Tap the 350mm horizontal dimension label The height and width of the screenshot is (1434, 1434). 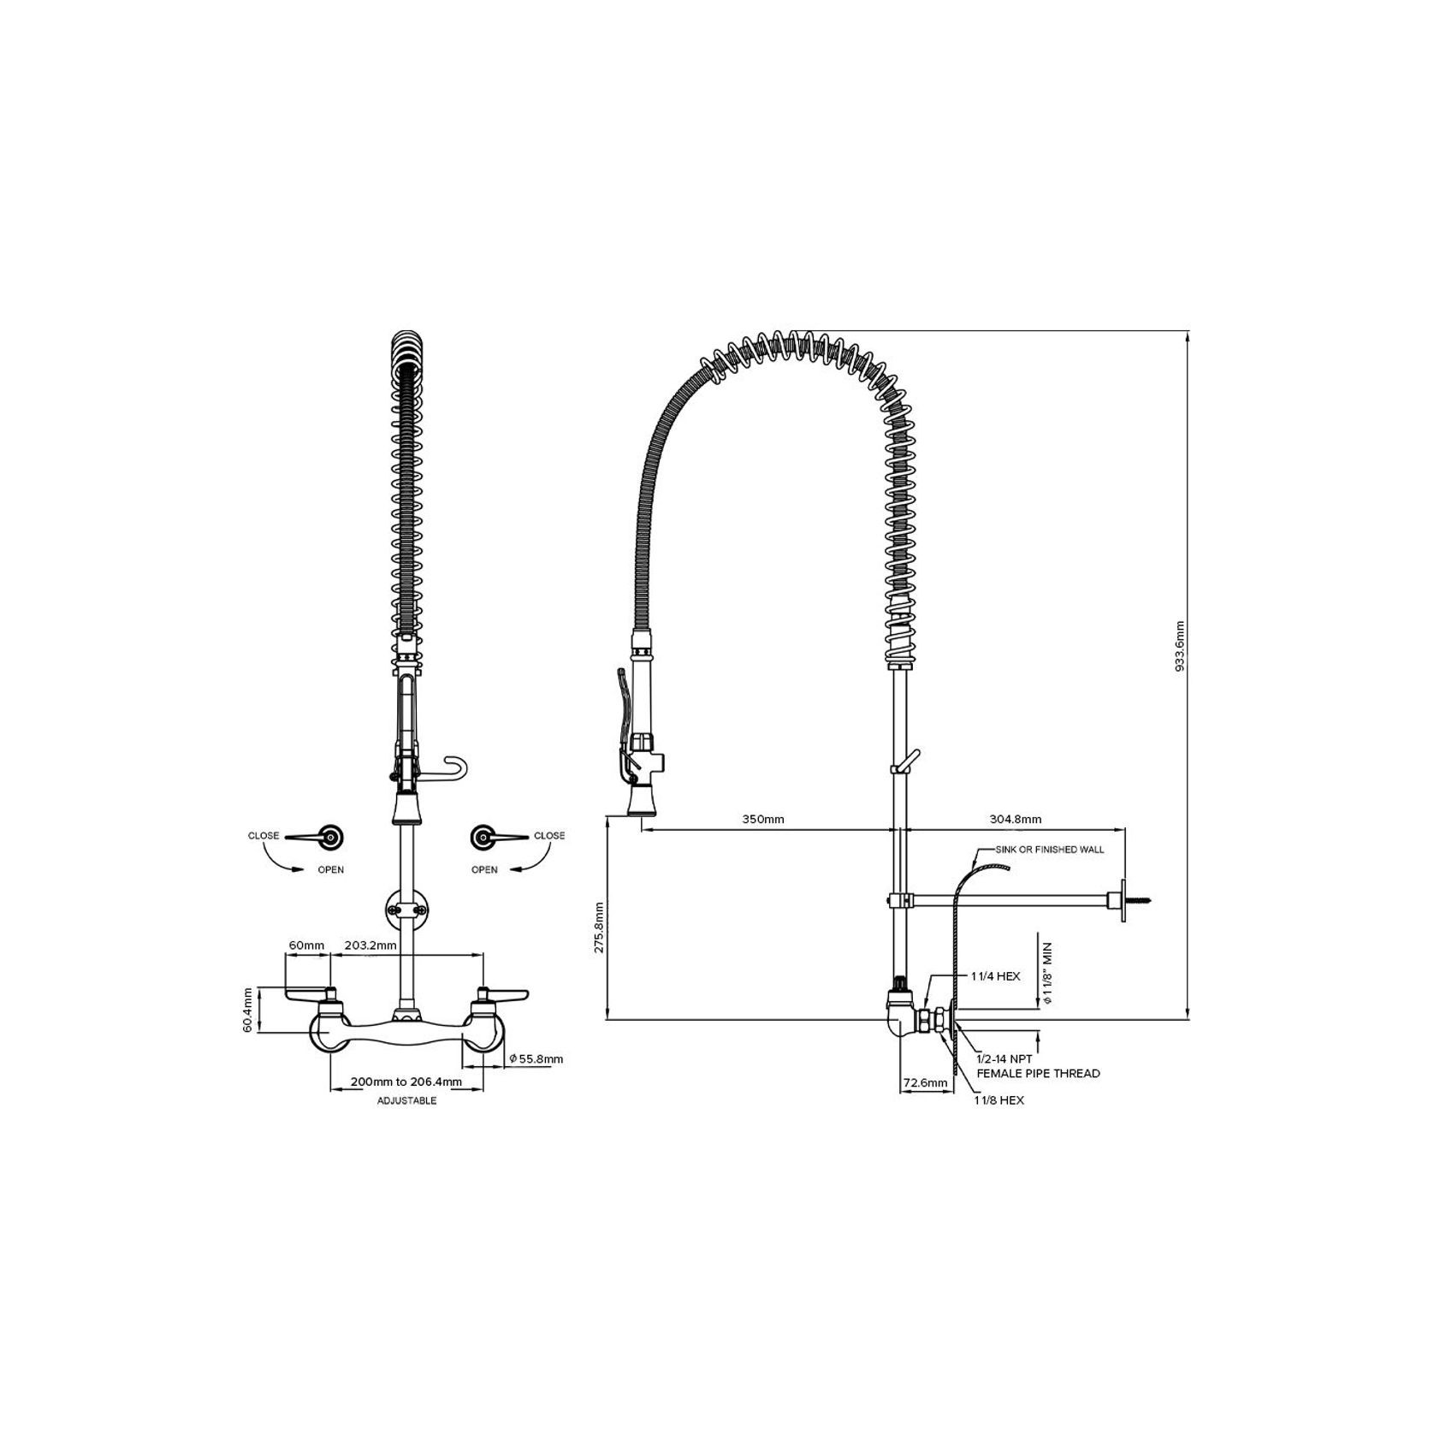[762, 819]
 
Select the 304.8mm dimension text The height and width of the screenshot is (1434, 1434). [1016, 819]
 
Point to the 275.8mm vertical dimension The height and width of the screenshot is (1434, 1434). [599, 927]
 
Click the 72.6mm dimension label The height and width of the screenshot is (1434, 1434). [925, 1082]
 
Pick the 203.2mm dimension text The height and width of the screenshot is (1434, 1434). [370, 945]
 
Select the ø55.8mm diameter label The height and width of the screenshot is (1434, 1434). [536, 1058]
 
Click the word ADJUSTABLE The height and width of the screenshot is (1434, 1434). [407, 1100]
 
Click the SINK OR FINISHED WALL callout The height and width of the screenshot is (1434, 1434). [1049, 850]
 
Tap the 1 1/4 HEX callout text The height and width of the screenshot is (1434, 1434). [995, 975]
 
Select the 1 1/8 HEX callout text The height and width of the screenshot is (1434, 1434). [998, 1100]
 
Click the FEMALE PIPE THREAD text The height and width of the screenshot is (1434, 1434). [1038, 1073]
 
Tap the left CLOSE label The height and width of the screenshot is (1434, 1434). [264, 836]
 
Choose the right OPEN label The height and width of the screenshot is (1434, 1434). [484, 870]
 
